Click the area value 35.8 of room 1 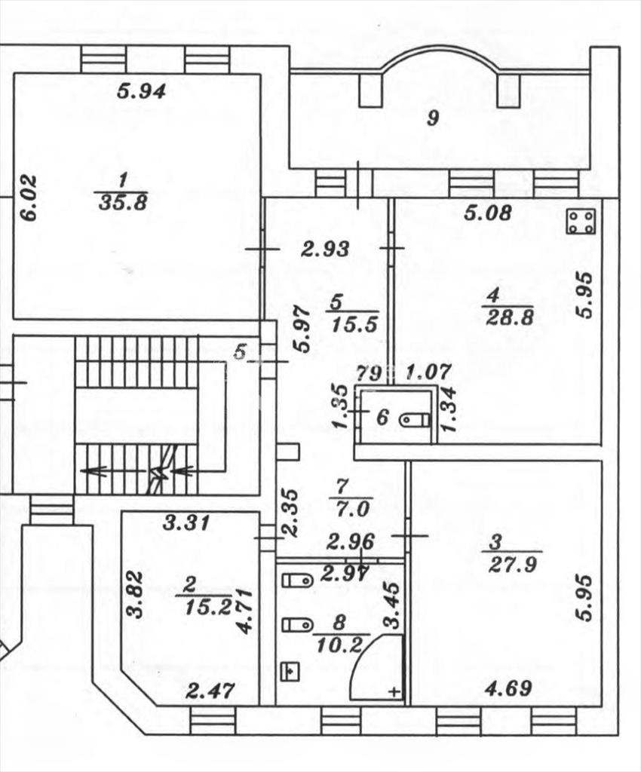click(x=123, y=202)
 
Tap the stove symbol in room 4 click(x=581, y=222)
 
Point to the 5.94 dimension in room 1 click(x=141, y=91)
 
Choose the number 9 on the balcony click(x=433, y=118)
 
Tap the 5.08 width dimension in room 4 click(x=489, y=213)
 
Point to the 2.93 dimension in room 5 click(x=326, y=249)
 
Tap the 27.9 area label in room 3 click(x=512, y=565)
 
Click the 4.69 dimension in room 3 click(x=508, y=688)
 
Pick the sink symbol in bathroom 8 click(x=290, y=671)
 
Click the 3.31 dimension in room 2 click(x=186, y=522)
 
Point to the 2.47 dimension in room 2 click(x=210, y=691)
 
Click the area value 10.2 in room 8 click(x=339, y=645)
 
